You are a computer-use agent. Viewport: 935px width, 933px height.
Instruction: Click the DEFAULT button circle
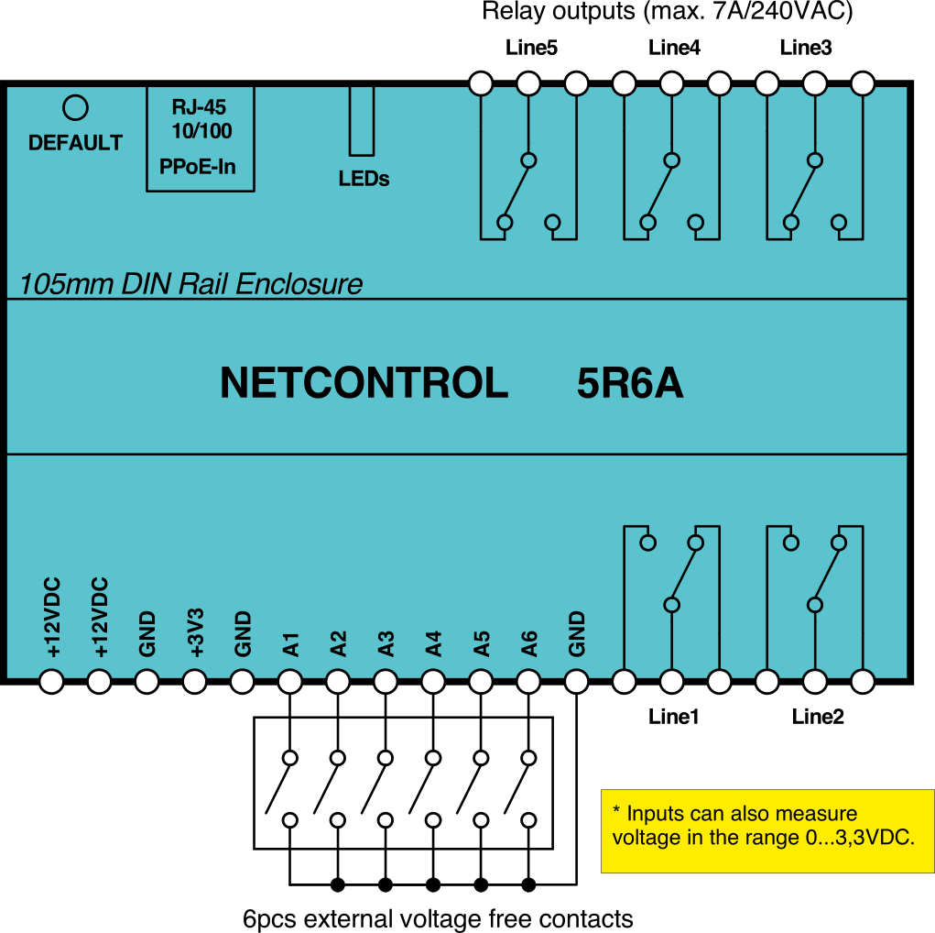coord(75,108)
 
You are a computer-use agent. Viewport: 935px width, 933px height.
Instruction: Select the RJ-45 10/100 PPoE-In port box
coord(201,137)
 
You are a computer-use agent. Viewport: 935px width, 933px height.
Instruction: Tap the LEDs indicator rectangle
coord(362,121)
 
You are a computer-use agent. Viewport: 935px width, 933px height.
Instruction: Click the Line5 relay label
coord(531,48)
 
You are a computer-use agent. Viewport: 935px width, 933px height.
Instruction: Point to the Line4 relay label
coord(674,48)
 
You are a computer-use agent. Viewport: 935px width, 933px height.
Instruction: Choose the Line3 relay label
coord(806,48)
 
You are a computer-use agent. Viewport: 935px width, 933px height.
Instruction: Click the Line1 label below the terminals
coord(674,717)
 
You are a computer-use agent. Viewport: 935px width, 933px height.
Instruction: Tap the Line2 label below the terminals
coord(818,717)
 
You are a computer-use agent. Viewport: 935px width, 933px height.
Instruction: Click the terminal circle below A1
coord(290,682)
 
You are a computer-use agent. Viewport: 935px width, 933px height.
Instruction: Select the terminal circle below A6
coord(528,682)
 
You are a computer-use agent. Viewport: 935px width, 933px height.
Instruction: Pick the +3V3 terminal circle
coord(194,682)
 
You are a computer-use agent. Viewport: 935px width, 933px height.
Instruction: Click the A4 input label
coord(434,643)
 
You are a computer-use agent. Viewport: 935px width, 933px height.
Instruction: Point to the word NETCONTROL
coord(364,384)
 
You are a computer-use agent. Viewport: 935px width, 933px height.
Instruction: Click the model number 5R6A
coord(630,384)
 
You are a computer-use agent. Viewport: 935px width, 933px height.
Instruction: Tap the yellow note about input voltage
coord(767,830)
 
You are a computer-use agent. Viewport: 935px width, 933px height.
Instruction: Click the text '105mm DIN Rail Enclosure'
coord(190,284)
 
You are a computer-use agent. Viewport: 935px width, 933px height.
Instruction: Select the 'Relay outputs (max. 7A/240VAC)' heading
coord(668,13)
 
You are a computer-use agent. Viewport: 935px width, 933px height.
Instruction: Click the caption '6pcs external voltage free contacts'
coord(438,918)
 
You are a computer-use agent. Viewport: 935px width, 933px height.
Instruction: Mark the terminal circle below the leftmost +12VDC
coord(51,682)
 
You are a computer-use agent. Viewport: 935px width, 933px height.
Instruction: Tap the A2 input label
coord(339,643)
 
